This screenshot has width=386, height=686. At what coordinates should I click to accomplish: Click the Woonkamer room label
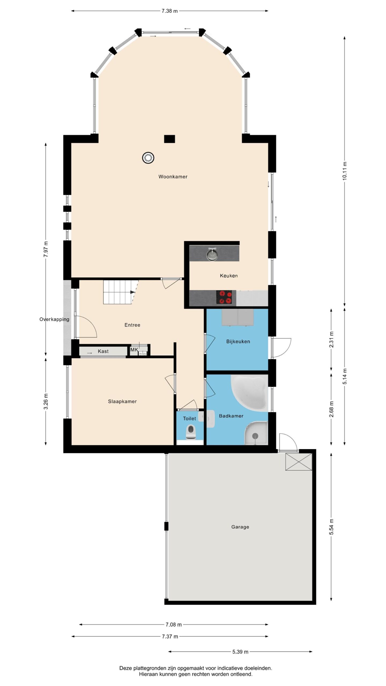(x=173, y=177)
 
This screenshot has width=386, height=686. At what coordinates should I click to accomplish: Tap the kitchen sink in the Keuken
(x=212, y=254)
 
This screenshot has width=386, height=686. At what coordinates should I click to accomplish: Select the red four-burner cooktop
(x=224, y=297)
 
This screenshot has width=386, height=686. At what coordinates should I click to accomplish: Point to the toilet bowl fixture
(x=191, y=432)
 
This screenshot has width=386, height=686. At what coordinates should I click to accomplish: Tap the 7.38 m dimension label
(x=169, y=11)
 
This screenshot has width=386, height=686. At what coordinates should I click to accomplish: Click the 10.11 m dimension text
(x=345, y=171)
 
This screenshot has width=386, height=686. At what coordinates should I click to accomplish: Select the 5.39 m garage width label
(x=240, y=652)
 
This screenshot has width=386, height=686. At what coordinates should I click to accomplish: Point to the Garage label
(x=240, y=527)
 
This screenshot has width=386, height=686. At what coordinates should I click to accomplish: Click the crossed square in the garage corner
(x=299, y=462)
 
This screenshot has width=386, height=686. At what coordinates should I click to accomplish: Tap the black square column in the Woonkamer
(x=169, y=139)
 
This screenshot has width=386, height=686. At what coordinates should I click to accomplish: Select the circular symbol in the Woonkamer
(x=148, y=158)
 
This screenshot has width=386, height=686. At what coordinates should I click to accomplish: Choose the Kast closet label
(x=103, y=351)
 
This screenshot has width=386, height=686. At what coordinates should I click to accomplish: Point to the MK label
(x=134, y=350)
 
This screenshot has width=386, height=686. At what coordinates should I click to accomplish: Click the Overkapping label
(x=54, y=319)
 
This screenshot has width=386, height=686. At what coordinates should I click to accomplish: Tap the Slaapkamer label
(x=122, y=401)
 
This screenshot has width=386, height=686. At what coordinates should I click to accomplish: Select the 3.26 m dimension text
(x=46, y=401)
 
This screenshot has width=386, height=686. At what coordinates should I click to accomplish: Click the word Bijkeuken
(x=238, y=341)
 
